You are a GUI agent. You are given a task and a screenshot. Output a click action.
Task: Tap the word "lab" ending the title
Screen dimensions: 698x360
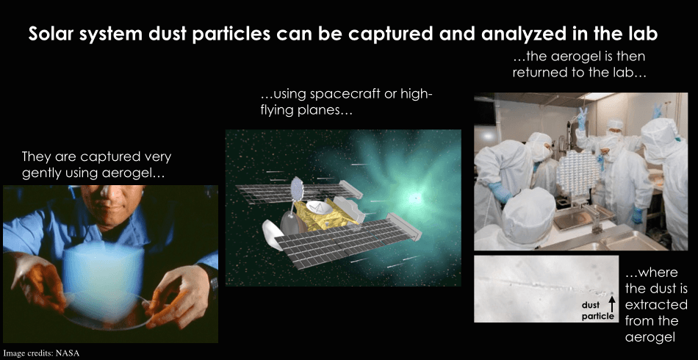pyautogui.click(x=643, y=34)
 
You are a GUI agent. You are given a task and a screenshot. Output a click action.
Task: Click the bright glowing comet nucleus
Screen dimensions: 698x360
pyautogui.click(x=415, y=197)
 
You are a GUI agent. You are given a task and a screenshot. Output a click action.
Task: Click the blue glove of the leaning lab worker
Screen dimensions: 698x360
pyautogui.click(x=500, y=192)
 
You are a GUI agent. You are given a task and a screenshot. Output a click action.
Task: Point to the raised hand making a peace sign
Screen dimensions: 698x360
pyautogui.click(x=582, y=118)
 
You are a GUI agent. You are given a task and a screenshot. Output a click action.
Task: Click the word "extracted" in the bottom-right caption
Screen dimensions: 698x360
pyautogui.click(x=656, y=304)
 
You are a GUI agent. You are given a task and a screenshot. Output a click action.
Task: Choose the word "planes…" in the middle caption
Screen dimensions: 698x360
pyautogui.click(x=324, y=110)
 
